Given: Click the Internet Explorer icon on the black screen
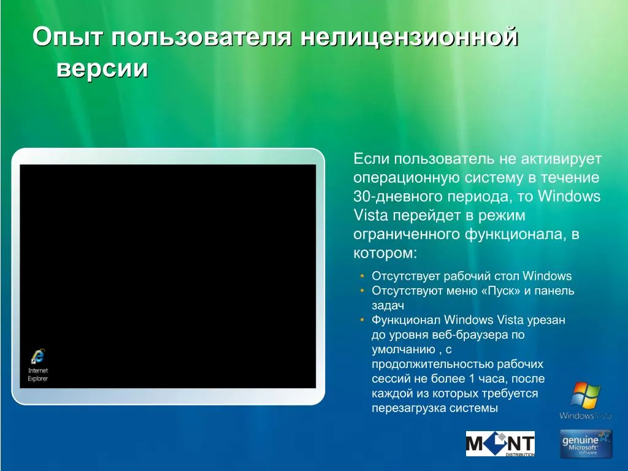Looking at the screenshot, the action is (37, 356).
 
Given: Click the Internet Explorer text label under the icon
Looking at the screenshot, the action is (38, 375).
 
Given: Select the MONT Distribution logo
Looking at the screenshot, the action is (500, 444).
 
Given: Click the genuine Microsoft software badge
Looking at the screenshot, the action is (586, 444).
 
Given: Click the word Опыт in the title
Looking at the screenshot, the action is (67, 37).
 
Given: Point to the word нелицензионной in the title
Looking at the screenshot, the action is (409, 37).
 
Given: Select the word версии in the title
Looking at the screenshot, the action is (102, 69).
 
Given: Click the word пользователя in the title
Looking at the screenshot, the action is (201, 37).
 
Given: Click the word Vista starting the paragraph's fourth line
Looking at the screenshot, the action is (370, 215).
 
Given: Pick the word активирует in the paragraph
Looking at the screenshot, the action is (561, 159).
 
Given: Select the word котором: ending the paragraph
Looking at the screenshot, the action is (385, 253).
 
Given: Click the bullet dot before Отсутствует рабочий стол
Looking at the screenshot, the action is (362, 276).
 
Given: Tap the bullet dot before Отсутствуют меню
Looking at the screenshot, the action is (362, 290).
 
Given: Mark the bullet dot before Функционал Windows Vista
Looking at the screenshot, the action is (362, 320).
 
